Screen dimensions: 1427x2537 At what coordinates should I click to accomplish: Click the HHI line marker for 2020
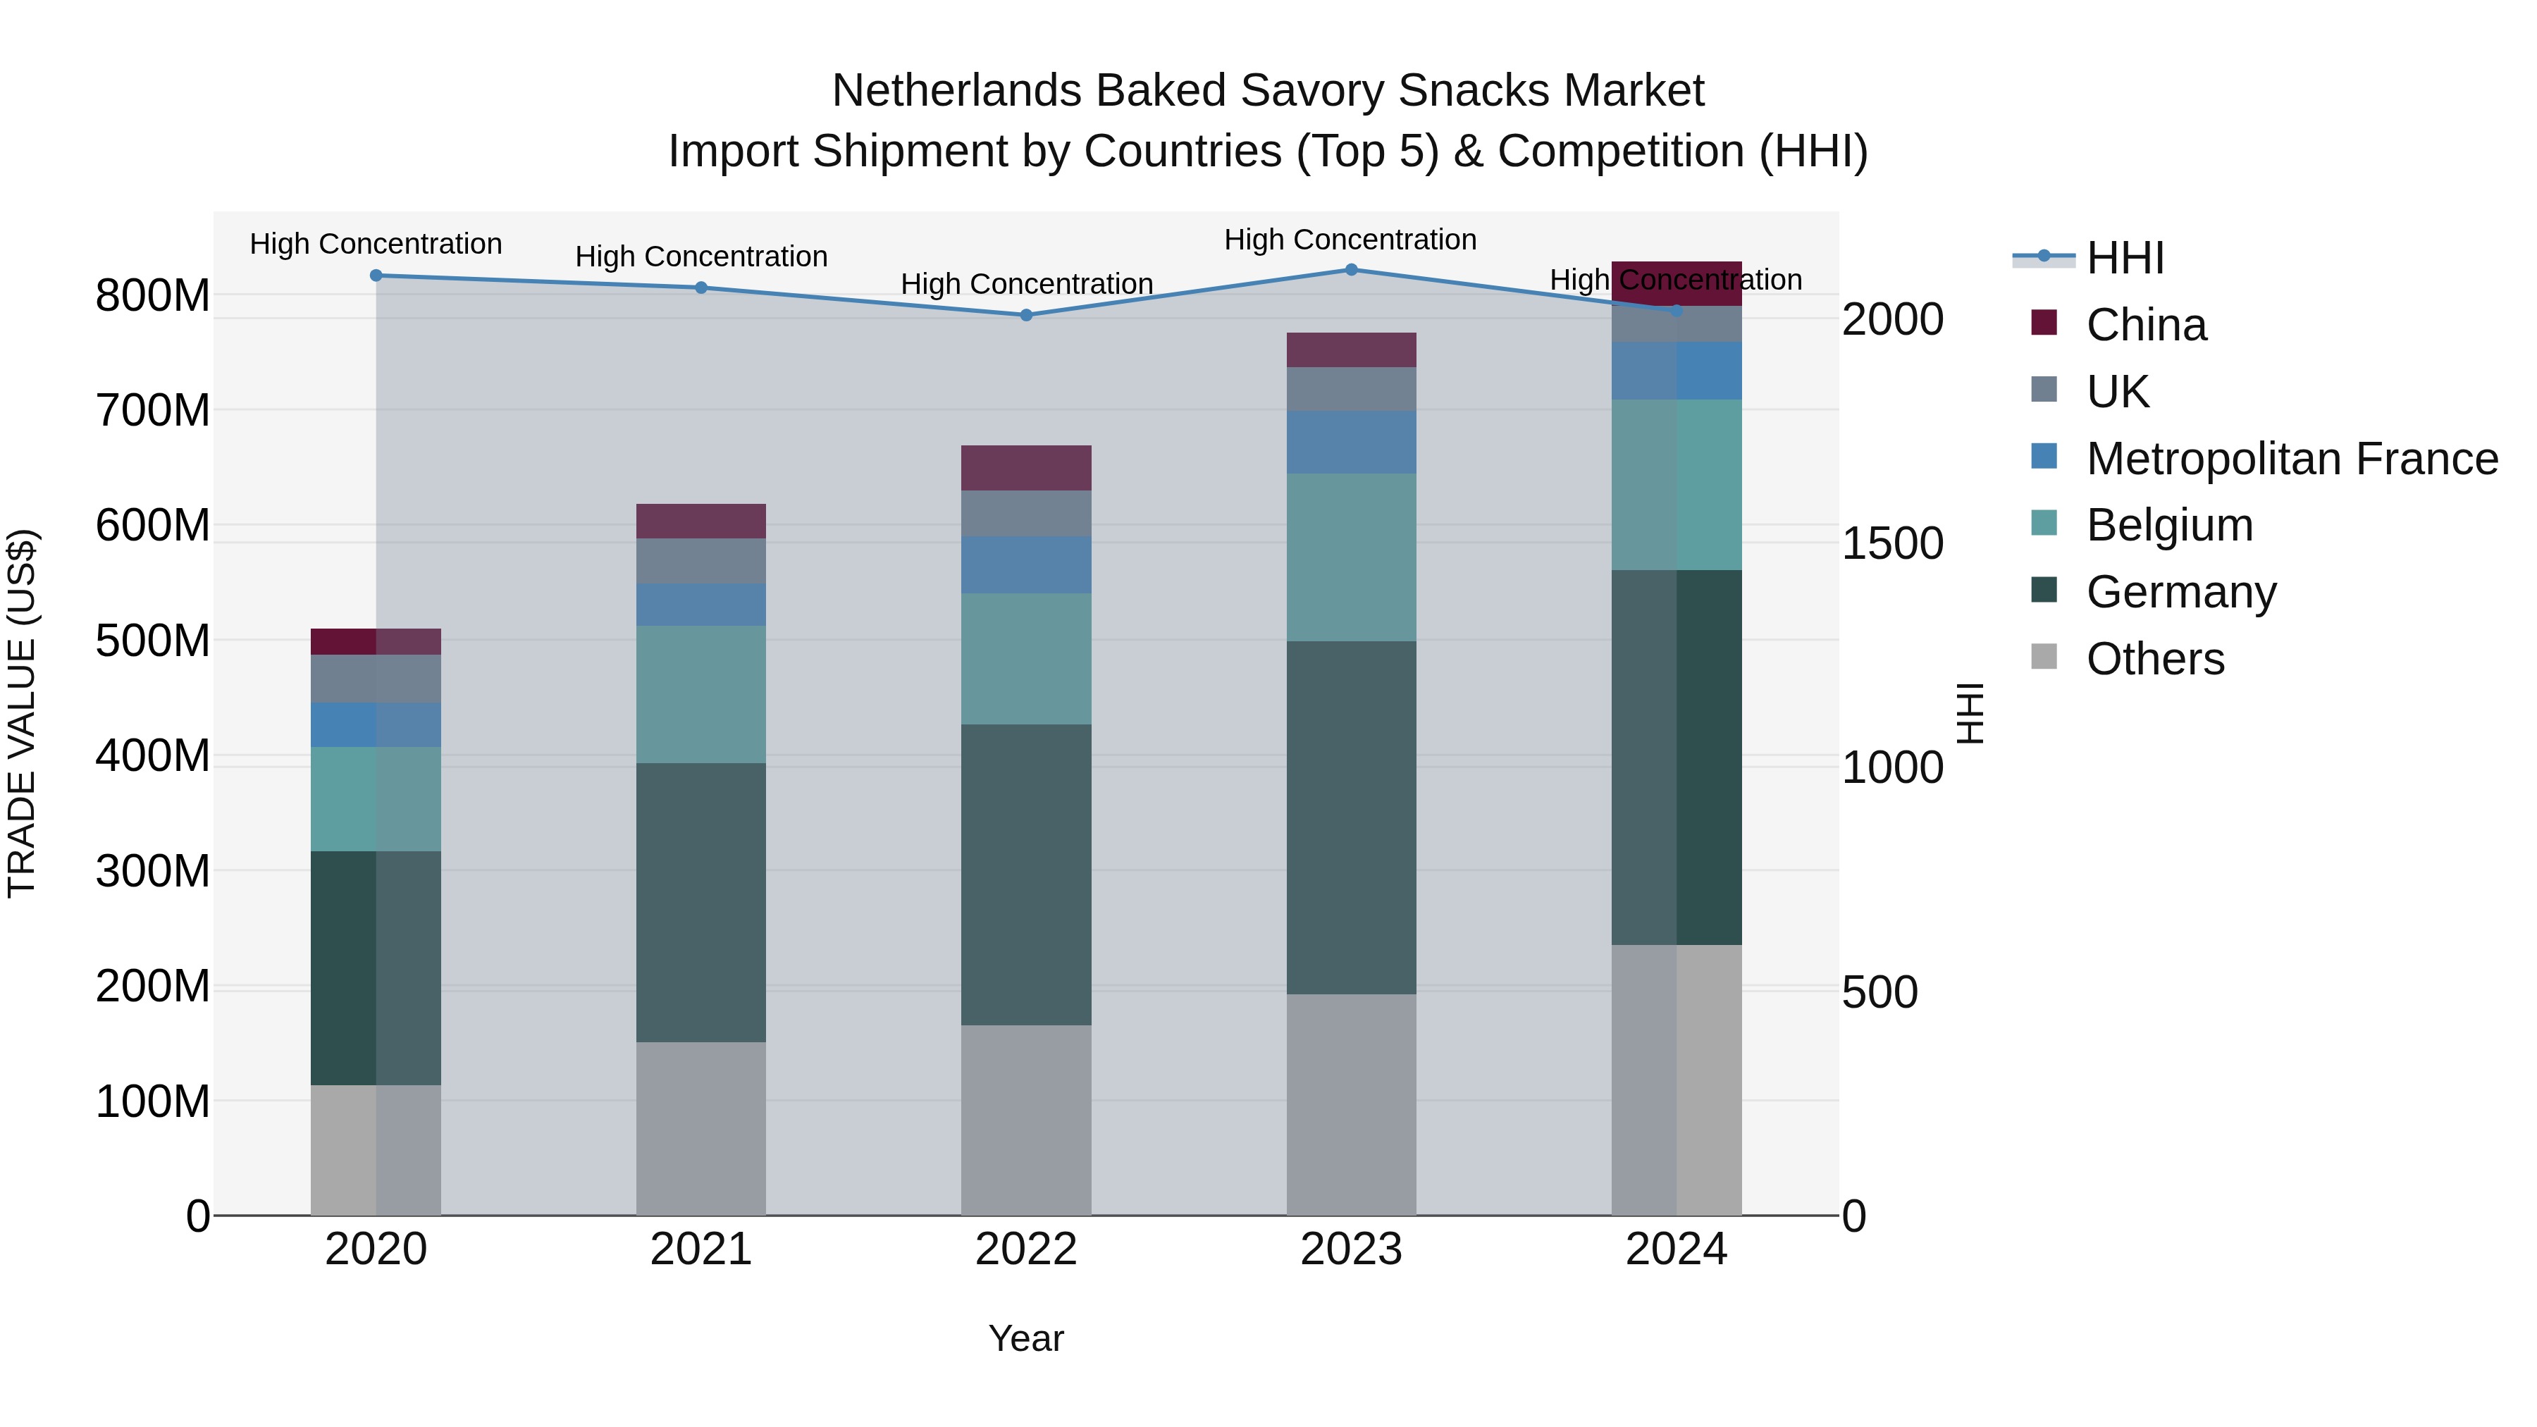(x=376, y=276)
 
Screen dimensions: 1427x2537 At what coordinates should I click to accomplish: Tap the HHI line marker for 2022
(x=1026, y=315)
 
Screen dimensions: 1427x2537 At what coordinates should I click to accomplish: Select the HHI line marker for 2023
(x=1351, y=270)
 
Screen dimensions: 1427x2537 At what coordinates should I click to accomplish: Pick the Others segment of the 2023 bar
(x=1351, y=1104)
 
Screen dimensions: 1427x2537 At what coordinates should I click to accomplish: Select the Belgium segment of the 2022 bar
(x=1026, y=659)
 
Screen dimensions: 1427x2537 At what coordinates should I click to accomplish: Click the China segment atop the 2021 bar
(x=701, y=521)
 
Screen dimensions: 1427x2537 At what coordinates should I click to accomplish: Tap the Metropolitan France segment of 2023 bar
(x=1351, y=442)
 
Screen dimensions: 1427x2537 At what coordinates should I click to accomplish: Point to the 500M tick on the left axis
(x=153, y=641)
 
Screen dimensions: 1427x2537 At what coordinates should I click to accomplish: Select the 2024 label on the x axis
(x=1677, y=1249)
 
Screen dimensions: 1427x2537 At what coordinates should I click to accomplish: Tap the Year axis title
(x=1026, y=1338)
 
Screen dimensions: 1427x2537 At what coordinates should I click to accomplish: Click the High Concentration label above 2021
(x=701, y=257)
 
